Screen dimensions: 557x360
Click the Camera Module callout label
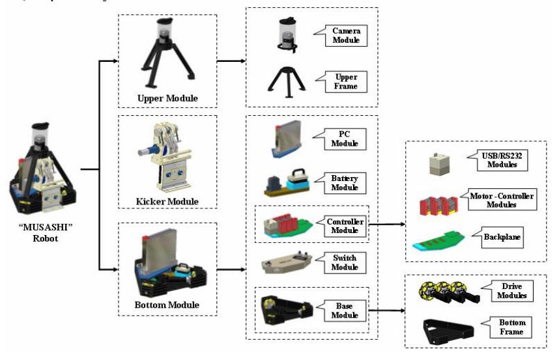point(346,36)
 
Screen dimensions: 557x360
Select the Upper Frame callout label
point(346,81)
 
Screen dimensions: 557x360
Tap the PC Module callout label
point(344,139)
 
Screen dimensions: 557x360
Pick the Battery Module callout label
point(344,183)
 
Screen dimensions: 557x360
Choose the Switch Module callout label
point(344,263)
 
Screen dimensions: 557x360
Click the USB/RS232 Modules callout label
point(502,160)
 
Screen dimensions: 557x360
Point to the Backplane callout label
point(502,237)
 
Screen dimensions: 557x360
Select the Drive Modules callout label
point(511,291)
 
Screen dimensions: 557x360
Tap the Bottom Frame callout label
point(511,327)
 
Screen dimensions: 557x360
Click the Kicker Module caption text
point(167,202)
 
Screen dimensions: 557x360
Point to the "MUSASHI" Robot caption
point(46,232)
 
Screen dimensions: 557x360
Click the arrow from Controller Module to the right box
point(387,224)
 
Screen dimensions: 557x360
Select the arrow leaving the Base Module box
point(387,311)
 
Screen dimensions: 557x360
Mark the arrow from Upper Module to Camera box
point(231,61)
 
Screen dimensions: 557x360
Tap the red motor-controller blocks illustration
point(438,206)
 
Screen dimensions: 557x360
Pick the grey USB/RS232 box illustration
point(440,165)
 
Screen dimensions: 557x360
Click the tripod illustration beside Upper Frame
point(287,82)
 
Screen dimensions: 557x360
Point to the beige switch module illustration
point(287,262)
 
